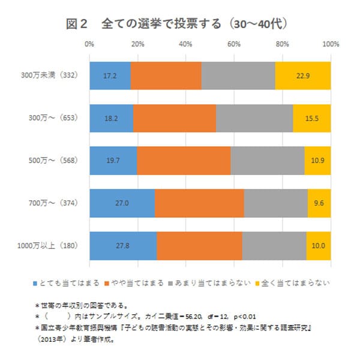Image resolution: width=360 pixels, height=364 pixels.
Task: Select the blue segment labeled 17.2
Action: (x=110, y=76)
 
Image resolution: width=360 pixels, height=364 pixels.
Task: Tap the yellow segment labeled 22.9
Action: (x=302, y=76)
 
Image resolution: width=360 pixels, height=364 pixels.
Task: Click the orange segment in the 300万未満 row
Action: (x=166, y=76)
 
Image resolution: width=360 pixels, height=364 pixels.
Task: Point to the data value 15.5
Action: (x=311, y=118)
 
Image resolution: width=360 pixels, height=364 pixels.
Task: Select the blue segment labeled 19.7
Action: (x=113, y=160)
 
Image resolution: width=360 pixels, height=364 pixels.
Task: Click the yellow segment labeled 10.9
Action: (x=317, y=160)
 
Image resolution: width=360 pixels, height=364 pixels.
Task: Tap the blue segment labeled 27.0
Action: (x=122, y=203)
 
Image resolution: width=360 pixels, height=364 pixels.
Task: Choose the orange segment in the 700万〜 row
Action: (x=199, y=203)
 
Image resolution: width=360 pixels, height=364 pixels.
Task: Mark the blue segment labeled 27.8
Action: (x=123, y=245)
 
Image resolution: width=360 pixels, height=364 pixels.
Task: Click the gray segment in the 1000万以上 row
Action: (x=274, y=245)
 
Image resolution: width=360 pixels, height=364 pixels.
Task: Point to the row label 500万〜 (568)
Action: (x=53, y=161)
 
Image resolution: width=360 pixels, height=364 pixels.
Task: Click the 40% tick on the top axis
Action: (x=186, y=44)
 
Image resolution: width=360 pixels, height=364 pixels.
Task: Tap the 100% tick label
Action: (x=331, y=44)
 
